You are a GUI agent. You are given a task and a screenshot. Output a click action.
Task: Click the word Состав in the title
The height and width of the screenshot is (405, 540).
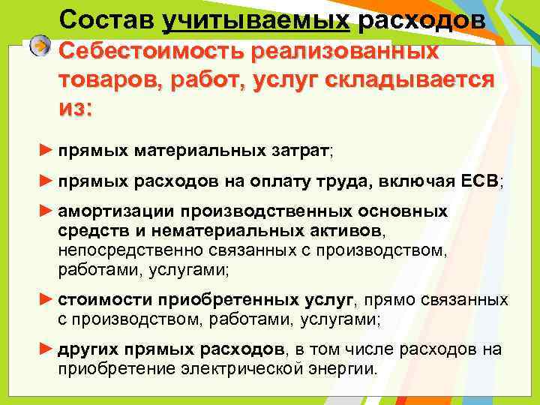(x=106, y=20)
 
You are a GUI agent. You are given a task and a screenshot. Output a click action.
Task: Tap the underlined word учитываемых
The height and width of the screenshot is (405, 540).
(x=256, y=20)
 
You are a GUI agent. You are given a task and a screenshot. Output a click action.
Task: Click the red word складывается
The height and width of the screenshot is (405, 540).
(x=412, y=80)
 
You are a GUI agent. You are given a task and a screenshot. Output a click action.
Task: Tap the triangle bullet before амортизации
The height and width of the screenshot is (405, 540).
(x=46, y=211)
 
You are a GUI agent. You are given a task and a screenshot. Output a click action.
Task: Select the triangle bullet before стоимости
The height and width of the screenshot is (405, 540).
(x=46, y=300)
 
